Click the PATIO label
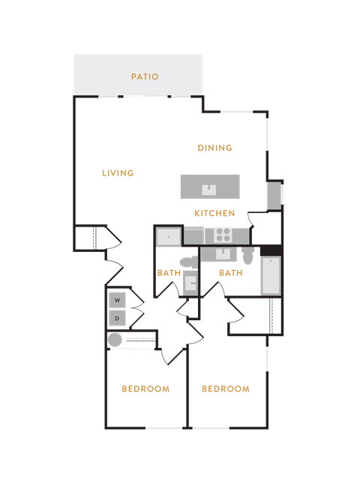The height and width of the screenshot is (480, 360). pyautogui.click(x=145, y=76)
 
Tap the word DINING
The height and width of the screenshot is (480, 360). pyautogui.click(x=215, y=148)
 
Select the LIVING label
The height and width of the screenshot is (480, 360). pyautogui.click(x=118, y=173)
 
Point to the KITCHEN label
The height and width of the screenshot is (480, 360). pyautogui.click(x=214, y=213)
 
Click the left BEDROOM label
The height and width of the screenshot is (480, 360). pyautogui.click(x=145, y=388)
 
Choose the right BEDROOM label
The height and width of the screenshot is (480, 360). pyautogui.click(x=226, y=388)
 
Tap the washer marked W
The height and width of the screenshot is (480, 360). pyautogui.click(x=117, y=300)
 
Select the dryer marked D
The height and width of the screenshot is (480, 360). pyautogui.click(x=117, y=318)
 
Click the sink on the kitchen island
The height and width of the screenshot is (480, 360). pyautogui.click(x=209, y=190)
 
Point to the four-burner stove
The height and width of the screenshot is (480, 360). pyautogui.click(x=223, y=235)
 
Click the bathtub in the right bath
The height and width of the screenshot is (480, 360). pyautogui.click(x=271, y=276)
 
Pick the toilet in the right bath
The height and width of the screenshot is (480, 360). pyautogui.click(x=247, y=256)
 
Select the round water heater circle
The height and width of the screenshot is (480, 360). pyautogui.click(x=115, y=340)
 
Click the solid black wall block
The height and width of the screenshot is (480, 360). pyautogui.click(x=271, y=250)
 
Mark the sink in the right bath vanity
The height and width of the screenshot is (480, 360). pyautogui.click(x=223, y=253)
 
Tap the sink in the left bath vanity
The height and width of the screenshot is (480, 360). pyautogui.click(x=190, y=284)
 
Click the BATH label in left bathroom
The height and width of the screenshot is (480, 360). pyautogui.click(x=169, y=273)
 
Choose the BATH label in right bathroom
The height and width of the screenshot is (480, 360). pyautogui.click(x=231, y=273)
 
